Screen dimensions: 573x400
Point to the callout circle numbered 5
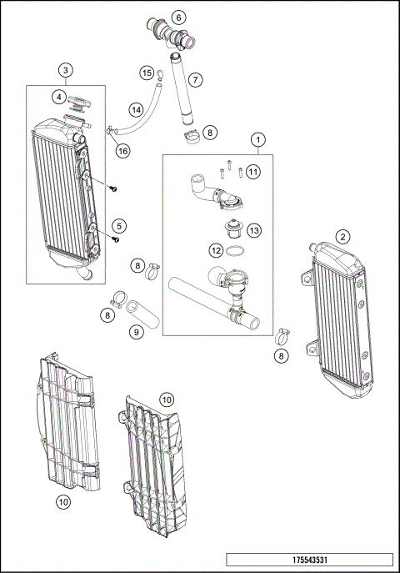tap(120, 225)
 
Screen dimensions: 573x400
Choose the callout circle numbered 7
tap(194, 80)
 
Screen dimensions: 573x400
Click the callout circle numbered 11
tap(252, 172)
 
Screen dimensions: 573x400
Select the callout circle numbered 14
tap(137, 109)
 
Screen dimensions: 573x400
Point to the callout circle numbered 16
tap(122, 151)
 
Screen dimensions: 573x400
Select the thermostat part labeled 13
tap(235, 228)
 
